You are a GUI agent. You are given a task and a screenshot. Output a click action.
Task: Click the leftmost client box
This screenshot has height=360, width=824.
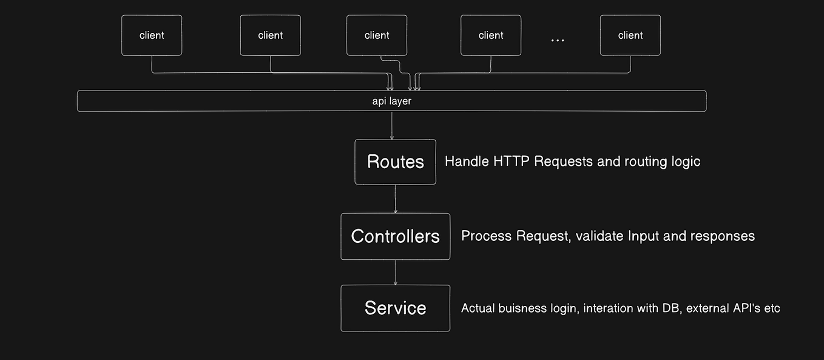pos(152,36)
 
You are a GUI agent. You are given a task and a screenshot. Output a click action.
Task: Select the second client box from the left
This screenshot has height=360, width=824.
pos(270,36)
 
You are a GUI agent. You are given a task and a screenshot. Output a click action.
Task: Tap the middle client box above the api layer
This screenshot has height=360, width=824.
pos(377,36)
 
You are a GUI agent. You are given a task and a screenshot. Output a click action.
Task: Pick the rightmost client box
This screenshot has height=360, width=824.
pos(630,36)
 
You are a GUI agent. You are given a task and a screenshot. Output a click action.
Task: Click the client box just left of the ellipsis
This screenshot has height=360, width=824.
pos(491,36)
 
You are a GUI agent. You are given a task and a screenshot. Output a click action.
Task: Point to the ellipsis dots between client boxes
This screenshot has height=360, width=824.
pos(558,40)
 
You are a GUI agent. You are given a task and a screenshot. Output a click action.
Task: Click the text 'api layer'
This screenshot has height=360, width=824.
pos(391,101)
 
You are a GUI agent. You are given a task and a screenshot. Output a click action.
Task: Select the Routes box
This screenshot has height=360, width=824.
pos(395,162)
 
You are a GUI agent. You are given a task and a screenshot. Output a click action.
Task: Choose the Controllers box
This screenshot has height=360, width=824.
pos(395,236)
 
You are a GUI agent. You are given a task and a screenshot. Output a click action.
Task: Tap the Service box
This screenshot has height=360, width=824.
pos(395,308)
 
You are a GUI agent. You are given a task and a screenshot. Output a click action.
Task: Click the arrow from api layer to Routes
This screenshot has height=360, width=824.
pos(392,126)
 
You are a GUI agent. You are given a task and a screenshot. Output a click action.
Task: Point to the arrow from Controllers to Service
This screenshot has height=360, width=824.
pos(396,272)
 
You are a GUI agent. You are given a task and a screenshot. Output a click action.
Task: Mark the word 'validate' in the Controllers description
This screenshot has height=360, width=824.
pos(599,236)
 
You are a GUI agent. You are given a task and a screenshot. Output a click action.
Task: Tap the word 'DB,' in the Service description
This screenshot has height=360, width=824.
pos(668,308)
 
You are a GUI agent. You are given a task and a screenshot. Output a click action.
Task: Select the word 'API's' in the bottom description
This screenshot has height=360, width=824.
pos(741,308)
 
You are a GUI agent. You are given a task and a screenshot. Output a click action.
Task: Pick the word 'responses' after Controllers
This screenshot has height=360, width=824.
pos(722,236)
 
